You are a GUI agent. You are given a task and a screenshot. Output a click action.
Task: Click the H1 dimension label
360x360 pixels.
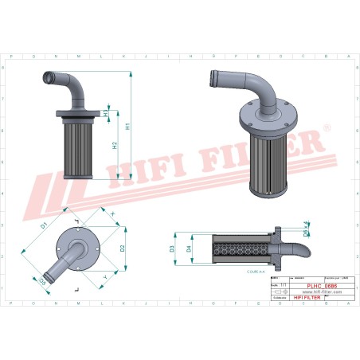pyautogui.click(x=127, y=126)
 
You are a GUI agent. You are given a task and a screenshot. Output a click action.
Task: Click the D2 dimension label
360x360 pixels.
pyautogui.click(x=123, y=247)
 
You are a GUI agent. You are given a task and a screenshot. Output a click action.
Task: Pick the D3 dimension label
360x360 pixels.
pyautogui.click(x=172, y=249)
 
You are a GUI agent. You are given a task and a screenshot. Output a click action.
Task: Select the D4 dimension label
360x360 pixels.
pyautogui.click(x=188, y=249)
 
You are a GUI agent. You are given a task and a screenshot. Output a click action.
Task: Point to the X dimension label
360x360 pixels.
pyautogui.click(x=112, y=214)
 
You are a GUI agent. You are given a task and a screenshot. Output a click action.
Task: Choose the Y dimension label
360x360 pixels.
pyautogui.click(x=105, y=276)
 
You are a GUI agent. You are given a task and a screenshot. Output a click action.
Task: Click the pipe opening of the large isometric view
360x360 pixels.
pyautogui.click(x=211, y=78)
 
